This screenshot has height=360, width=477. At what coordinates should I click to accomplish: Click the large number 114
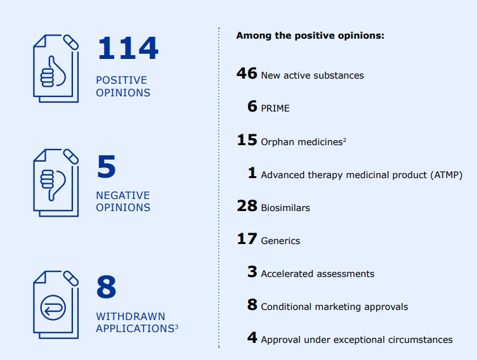[128, 48]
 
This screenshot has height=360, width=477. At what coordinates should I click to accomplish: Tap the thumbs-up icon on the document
[53, 72]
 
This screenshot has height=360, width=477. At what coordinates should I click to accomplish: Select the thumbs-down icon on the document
[53, 185]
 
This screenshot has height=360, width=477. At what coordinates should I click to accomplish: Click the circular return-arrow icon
[53, 307]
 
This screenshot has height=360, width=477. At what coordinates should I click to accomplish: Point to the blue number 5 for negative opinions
[107, 166]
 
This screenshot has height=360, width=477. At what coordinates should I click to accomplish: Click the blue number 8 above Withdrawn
[107, 286]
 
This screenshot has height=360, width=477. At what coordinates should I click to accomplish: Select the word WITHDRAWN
[131, 316]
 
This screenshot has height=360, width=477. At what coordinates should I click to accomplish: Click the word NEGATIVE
[123, 195]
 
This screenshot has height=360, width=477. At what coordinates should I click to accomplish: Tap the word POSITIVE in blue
[121, 80]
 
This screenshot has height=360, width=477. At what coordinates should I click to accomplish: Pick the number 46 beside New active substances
[247, 74]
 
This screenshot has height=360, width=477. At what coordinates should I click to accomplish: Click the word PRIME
[275, 108]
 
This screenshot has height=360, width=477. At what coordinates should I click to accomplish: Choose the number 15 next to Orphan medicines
[247, 140]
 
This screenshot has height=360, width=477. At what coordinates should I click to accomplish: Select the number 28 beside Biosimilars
[247, 205]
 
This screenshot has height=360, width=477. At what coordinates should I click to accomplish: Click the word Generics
[280, 241]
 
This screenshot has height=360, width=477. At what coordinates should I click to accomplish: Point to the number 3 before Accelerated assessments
[252, 271]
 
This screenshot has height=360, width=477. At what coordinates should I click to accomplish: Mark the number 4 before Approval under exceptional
[252, 337]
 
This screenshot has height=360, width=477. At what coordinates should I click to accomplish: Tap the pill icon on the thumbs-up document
[71, 42]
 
